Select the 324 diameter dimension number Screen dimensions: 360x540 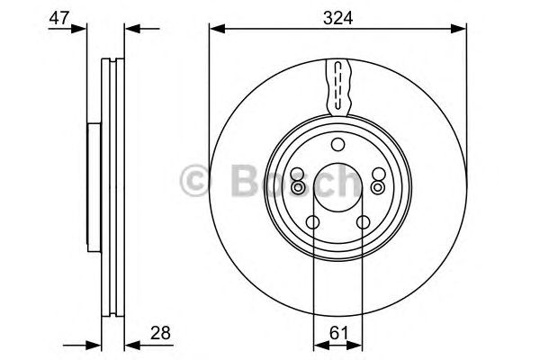(339, 15)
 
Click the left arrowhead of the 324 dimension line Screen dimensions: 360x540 (217, 31)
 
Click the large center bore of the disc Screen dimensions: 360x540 (337, 187)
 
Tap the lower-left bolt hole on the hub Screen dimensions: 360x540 (312, 223)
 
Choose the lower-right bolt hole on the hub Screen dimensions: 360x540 (363, 223)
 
